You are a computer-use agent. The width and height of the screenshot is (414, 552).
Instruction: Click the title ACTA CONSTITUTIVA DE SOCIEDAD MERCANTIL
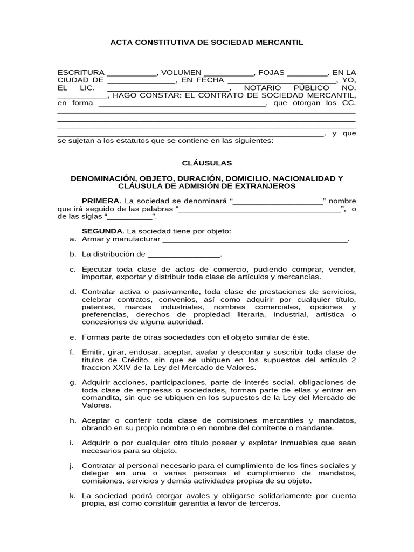click(207, 42)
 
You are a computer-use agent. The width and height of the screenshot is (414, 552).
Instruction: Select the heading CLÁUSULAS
click(207, 162)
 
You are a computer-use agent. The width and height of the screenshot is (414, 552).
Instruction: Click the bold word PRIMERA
click(100, 201)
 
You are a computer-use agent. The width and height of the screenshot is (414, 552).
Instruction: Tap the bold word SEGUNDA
click(102, 231)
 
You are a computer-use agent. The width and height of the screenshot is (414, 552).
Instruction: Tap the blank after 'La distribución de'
click(184, 254)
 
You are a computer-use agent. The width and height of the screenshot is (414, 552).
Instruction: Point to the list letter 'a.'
click(73, 239)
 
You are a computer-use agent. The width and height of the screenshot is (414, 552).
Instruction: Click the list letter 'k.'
click(73, 495)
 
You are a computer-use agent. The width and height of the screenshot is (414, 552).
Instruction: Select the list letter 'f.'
click(72, 353)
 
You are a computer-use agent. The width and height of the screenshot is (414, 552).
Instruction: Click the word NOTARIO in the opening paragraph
click(263, 88)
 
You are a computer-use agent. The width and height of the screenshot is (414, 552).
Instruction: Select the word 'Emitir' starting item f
click(92, 353)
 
